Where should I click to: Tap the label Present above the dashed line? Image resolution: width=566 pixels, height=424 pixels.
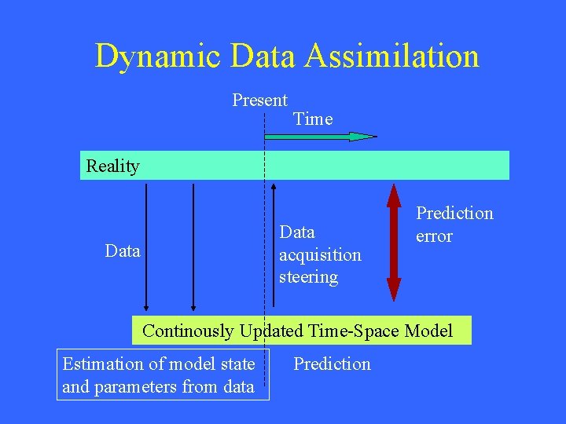point(259,101)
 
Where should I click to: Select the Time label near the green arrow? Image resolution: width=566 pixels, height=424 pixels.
point(312,119)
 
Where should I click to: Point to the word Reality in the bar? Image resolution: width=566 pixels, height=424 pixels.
point(112,166)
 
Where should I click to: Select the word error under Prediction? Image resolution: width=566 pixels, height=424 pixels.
point(434,236)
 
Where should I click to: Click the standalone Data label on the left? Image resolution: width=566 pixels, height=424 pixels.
point(123,251)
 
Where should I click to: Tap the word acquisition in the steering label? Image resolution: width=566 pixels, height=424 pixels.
point(320,255)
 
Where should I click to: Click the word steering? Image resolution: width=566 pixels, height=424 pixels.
point(308,277)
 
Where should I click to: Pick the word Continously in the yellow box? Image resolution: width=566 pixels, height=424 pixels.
point(188,331)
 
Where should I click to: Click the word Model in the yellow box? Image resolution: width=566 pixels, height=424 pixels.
point(428,331)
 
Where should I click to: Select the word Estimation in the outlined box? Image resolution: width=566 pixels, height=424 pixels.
point(101,364)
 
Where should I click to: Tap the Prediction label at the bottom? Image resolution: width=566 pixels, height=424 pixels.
point(332,364)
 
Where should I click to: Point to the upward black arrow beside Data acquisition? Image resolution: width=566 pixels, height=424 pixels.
point(274,243)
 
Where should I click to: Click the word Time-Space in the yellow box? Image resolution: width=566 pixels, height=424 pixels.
point(348,331)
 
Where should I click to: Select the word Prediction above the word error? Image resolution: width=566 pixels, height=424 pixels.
point(454,214)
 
